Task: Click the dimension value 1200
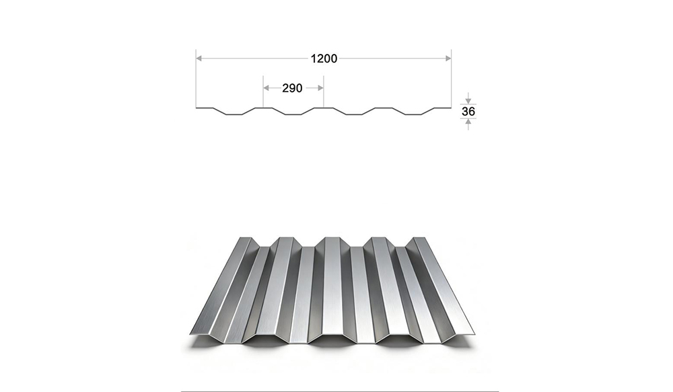pyautogui.click(x=324, y=59)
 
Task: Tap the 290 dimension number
pyautogui.click(x=292, y=88)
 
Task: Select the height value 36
pyautogui.click(x=468, y=112)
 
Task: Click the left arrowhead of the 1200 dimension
pyautogui.click(x=199, y=58)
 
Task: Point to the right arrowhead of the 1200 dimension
pyautogui.click(x=448, y=58)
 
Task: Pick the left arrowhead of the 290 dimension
pyautogui.click(x=266, y=88)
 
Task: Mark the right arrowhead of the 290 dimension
pyautogui.click(x=320, y=88)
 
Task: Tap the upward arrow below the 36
pyautogui.click(x=468, y=124)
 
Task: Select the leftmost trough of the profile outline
pyautogui.click(x=234, y=115)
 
